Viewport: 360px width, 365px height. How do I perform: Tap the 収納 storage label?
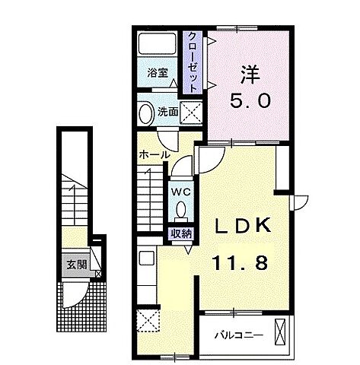pyautogui.click(x=181, y=233)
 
